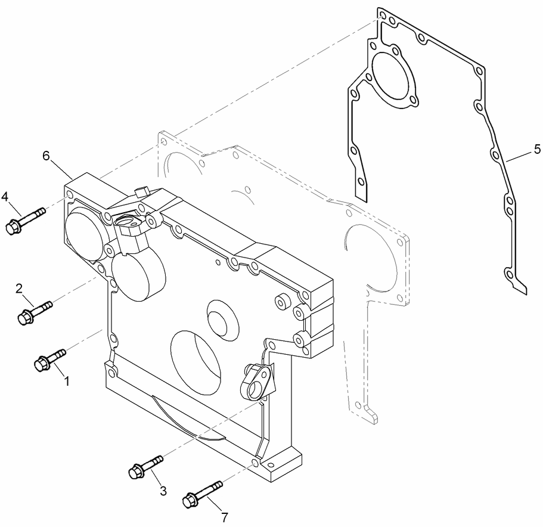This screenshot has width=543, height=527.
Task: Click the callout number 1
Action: tap(67, 380)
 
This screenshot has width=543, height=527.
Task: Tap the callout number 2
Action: tap(19, 289)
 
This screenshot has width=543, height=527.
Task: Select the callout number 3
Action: tap(163, 491)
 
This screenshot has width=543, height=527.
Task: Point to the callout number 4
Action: tap(5, 196)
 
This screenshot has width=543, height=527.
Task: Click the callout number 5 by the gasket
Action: tap(536, 147)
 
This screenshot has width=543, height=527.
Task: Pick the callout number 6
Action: tap(46, 156)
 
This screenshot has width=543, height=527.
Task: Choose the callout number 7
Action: tap(224, 517)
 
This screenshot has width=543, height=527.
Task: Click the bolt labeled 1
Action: tap(49, 359)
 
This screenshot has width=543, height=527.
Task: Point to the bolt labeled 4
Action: tap(24, 219)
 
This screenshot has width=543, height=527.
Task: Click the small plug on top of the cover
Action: tap(141, 191)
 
